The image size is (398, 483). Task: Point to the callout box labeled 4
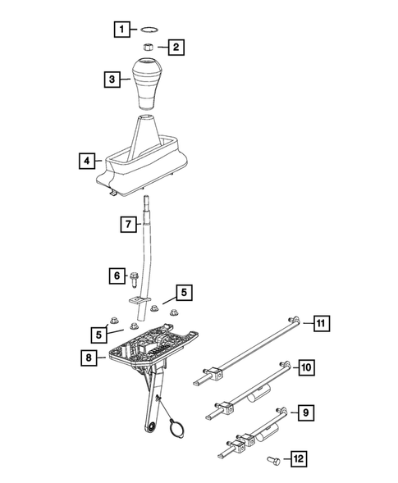pyautogui.click(x=87, y=162)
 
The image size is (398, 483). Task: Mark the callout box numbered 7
pyautogui.click(x=128, y=224)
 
